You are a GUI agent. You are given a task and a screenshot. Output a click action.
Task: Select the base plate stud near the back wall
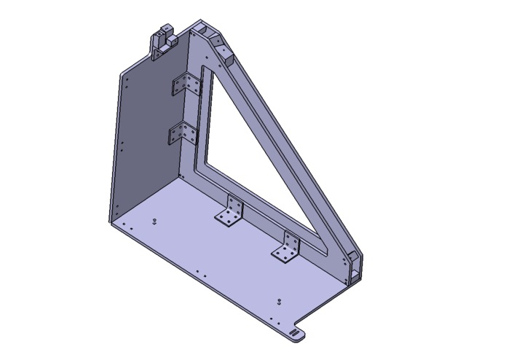[154, 219]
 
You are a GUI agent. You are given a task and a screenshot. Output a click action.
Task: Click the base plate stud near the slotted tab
[278, 300]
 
